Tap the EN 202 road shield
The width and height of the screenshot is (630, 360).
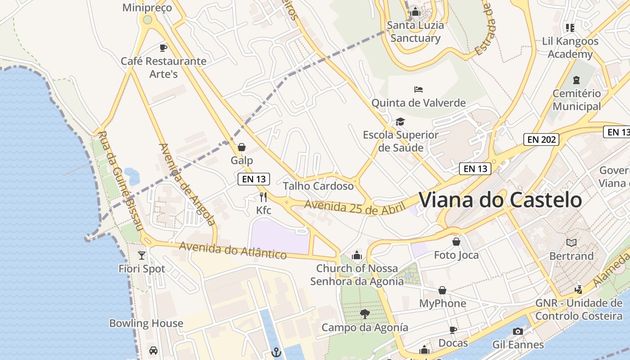(x=541, y=139)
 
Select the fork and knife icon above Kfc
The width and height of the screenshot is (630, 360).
(x=263, y=197)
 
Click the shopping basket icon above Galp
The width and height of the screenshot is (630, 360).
(x=242, y=147)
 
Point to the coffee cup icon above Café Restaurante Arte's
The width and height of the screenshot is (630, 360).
(x=163, y=48)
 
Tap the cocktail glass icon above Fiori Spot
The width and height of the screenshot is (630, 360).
(x=142, y=255)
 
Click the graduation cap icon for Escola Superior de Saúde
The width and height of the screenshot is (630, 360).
(x=400, y=121)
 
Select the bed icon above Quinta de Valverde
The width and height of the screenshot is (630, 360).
(x=418, y=90)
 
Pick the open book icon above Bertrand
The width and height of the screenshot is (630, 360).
(x=571, y=243)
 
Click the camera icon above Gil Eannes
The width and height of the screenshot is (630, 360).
(x=518, y=331)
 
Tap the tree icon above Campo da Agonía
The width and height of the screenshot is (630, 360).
(x=365, y=314)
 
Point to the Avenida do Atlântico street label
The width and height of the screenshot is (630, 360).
(x=233, y=250)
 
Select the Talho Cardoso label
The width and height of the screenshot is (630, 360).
(x=318, y=186)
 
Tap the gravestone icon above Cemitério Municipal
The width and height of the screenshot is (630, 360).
(x=576, y=80)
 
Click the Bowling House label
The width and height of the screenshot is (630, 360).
(x=146, y=323)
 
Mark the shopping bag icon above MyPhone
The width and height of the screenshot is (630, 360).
(x=442, y=290)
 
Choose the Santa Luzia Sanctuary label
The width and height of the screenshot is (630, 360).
(x=415, y=31)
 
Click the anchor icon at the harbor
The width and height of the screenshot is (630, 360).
(x=276, y=352)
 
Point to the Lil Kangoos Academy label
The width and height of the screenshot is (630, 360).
(x=570, y=48)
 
